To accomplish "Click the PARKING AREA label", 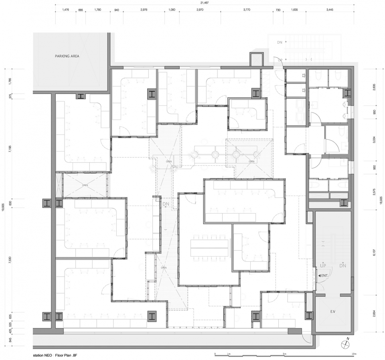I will [67, 56].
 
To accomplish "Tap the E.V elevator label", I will [333, 311].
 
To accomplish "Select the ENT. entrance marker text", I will [323, 276].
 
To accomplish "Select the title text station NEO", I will [42, 355].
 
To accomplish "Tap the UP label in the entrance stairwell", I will [323, 265].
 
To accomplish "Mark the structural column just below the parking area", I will [81, 97].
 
